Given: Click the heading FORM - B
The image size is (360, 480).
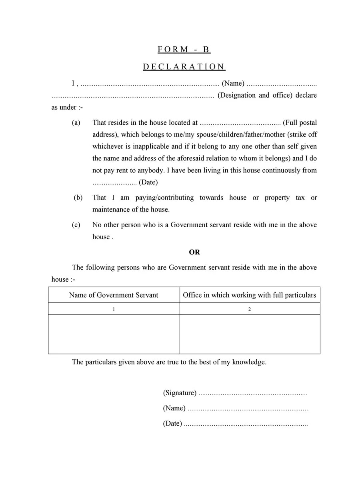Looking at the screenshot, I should [184, 50].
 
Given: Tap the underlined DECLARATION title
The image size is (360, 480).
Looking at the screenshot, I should [184, 67].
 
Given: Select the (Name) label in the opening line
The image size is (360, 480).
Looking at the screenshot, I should [233, 83].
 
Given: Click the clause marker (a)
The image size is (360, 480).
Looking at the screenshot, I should [76, 122].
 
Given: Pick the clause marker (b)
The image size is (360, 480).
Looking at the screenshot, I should [78, 198].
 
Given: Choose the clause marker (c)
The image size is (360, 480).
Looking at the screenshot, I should [76, 225].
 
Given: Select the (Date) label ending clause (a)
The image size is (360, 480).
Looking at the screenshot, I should [148, 182].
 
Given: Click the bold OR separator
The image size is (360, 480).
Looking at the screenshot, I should [194, 252].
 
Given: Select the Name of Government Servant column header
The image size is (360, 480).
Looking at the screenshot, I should [114, 295].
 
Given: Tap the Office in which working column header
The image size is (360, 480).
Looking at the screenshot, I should [249, 295].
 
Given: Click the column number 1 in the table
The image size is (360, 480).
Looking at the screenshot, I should [114, 309].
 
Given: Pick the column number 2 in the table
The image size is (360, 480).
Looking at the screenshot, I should [250, 309].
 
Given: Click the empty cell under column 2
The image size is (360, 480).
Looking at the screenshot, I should [250, 334].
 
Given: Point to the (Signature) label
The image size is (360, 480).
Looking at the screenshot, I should [180, 393].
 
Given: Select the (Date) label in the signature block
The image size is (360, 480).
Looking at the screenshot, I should [172, 424].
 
